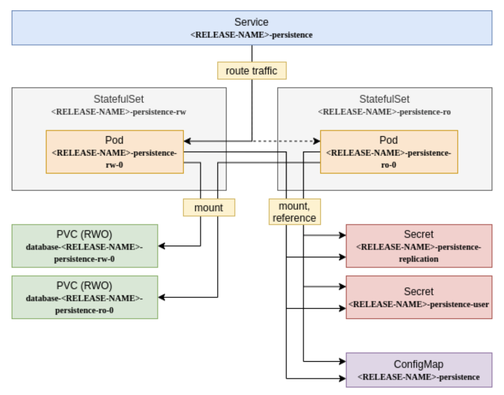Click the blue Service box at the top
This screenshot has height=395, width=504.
252,28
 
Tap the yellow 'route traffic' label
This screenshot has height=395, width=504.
252,70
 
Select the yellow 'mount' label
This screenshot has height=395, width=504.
209,207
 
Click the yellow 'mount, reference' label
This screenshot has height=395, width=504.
294,211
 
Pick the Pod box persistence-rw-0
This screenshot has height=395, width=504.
114,152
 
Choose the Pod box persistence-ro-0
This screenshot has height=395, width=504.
389,152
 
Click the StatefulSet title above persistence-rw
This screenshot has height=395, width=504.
119,99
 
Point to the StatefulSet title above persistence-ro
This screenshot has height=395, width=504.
385,99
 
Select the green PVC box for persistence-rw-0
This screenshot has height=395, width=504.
84,246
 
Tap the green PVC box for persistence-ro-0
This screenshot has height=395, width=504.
84,297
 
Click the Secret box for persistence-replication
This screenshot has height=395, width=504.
419,246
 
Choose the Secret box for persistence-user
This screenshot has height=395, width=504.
419,297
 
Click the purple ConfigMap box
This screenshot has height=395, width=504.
419,369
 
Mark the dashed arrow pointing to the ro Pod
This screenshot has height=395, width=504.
288,141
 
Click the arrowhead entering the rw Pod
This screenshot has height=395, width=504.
187,141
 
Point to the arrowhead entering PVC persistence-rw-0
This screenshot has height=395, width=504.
161,246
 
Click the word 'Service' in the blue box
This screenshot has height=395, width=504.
252,22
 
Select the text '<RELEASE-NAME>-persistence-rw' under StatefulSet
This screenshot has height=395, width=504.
119,111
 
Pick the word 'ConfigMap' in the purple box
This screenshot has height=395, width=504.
419,364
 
